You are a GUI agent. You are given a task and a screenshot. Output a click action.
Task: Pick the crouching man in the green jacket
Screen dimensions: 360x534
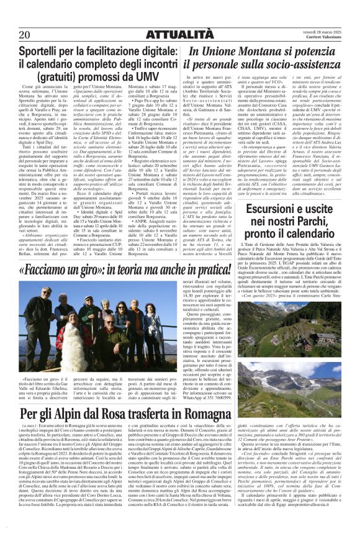[x=97, y=348]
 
